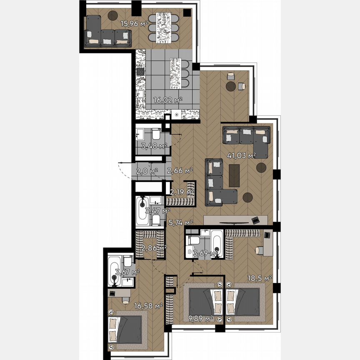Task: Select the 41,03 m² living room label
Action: [241, 156]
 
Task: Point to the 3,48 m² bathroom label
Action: [154, 146]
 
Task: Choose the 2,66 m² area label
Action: [180, 170]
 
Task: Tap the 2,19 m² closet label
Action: [182, 192]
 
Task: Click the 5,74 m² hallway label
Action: [180, 222]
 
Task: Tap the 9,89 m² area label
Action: [200, 319]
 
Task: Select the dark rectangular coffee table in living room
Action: [235, 175]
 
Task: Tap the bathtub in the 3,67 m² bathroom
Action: [114, 271]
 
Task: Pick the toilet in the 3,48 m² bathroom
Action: [156, 135]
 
